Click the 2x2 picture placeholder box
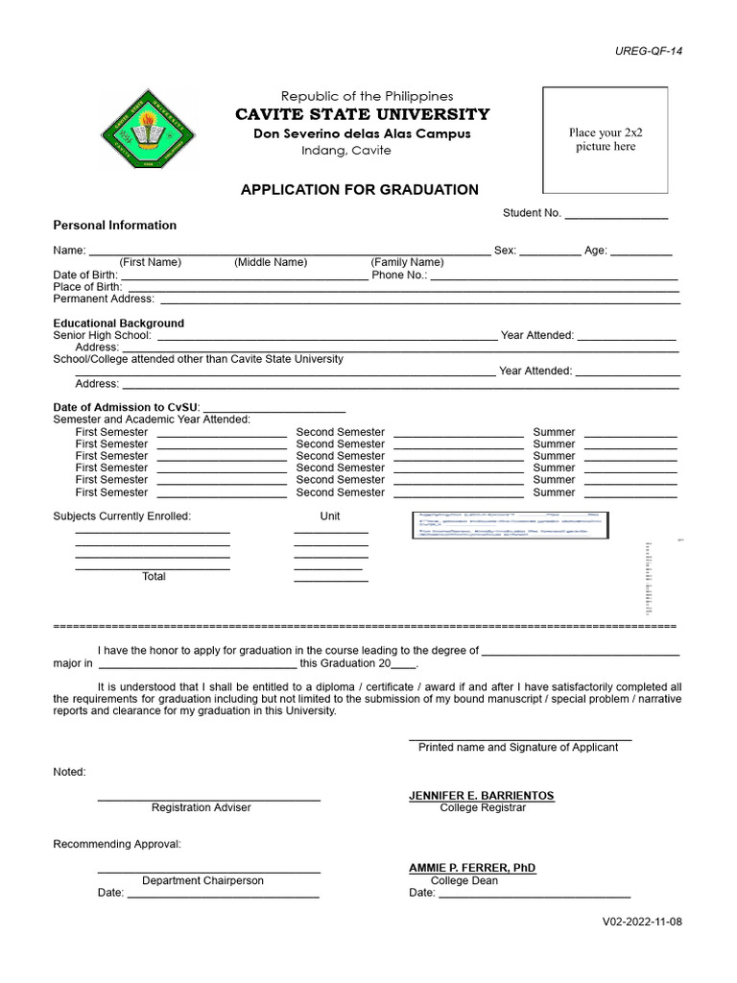coord(606,140)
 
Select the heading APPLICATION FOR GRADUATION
coord(359,190)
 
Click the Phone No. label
coord(399,275)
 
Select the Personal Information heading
coord(114,226)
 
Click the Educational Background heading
coord(118,324)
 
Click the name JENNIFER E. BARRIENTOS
coord(482,796)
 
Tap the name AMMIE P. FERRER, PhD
coord(472,868)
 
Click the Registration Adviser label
coord(201,808)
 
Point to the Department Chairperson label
coord(202,880)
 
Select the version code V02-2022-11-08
coord(642,922)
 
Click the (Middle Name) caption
coord(271,262)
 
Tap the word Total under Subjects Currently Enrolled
coord(154,577)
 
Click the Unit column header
coord(330,516)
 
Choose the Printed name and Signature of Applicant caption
coord(518,747)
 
